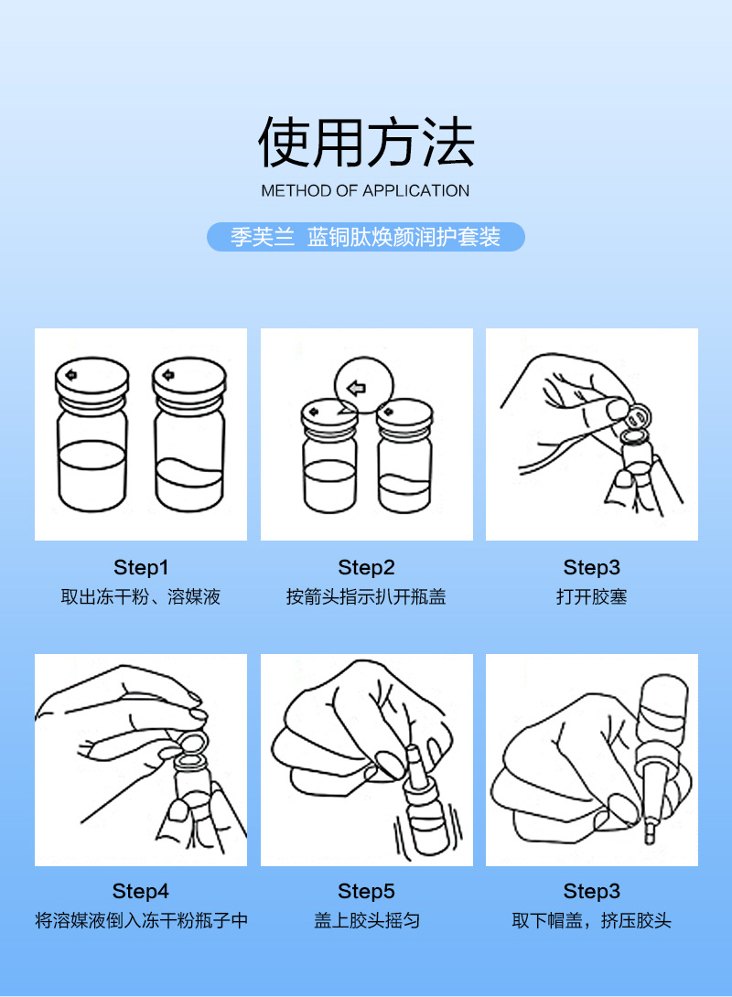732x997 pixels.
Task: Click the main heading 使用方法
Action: (x=366, y=144)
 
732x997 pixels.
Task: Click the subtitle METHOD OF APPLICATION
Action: (x=365, y=191)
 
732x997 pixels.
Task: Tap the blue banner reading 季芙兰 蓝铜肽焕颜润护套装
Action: (x=366, y=237)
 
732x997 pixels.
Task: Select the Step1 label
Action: (x=141, y=567)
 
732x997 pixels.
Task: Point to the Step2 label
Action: (x=366, y=567)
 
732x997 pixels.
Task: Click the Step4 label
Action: (x=141, y=891)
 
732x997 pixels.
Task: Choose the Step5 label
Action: (x=366, y=891)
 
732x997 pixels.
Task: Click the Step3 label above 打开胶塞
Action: (x=591, y=567)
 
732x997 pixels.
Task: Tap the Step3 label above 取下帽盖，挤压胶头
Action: (x=591, y=891)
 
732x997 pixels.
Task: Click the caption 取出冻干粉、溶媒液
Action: (x=141, y=597)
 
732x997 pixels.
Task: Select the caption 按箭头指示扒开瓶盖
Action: (x=366, y=597)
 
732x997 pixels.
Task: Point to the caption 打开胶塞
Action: (x=591, y=597)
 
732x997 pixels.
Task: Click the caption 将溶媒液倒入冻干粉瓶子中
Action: (x=141, y=921)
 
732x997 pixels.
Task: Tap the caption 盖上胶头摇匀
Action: (x=366, y=921)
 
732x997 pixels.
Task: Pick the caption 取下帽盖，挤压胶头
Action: (x=591, y=921)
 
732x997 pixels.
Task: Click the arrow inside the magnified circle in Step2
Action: (x=357, y=388)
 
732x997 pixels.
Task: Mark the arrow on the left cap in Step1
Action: (x=70, y=372)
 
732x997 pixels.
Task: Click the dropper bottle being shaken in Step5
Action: (x=416, y=805)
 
